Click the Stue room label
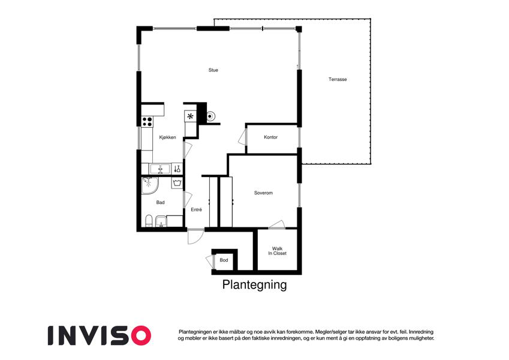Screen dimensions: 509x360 point(213,70)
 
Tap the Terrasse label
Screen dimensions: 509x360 point(338,79)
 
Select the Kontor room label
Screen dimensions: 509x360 point(271,137)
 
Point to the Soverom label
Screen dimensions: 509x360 point(263,193)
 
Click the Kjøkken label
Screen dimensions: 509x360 point(167,137)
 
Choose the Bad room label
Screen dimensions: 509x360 point(160,202)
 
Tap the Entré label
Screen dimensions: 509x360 point(197,210)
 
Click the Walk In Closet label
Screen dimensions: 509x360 point(277,251)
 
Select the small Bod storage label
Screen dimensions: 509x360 point(224,260)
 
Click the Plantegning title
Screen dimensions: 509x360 point(254,284)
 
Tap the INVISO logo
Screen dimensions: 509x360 point(100,335)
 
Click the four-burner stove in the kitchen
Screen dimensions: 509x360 point(147,122)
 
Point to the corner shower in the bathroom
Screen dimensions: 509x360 point(150,185)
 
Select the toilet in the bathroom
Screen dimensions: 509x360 point(149,221)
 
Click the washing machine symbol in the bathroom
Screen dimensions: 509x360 point(177,183)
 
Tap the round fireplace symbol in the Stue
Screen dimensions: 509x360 point(210,116)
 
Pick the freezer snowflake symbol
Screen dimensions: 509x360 point(190,116)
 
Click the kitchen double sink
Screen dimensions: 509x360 point(159,169)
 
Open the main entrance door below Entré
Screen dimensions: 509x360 point(195,237)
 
